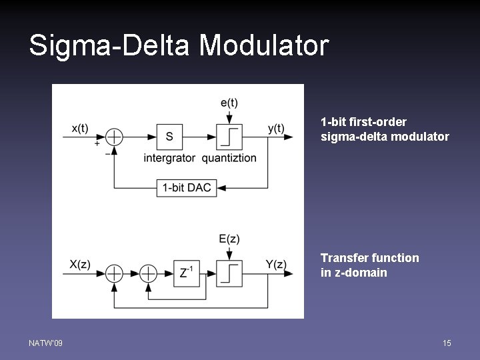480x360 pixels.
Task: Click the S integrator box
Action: [x=169, y=137]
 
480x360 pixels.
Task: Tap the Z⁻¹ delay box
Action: [x=187, y=273]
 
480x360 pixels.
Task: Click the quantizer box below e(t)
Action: [x=229, y=137]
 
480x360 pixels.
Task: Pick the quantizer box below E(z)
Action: [x=229, y=273]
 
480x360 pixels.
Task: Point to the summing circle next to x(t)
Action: [x=115, y=137]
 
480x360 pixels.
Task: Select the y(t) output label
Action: [x=276, y=128]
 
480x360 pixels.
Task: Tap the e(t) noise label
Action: [x=229, y=102]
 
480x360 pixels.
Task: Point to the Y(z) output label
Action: [x=276, y=264]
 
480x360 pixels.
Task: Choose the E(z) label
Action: [x=229, y=239]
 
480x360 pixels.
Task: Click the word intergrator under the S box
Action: [x=169, y=158]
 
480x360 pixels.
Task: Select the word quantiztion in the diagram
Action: [x=229, y=158]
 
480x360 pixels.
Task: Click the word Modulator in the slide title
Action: [x=264, y=46]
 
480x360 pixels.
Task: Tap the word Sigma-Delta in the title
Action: [x=109, y=46]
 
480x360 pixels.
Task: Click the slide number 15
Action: [x=447, y=343]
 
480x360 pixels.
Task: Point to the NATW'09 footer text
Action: [x=46, y=343]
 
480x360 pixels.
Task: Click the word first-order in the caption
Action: [x=379, y=122]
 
